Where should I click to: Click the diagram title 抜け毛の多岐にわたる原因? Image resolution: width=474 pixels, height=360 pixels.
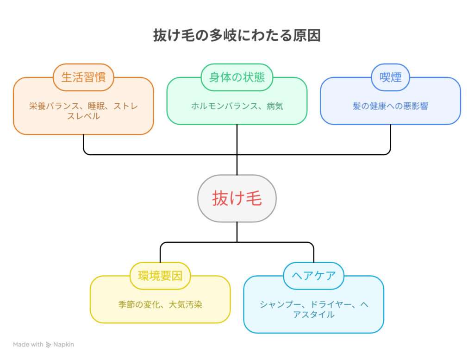pos(237,36)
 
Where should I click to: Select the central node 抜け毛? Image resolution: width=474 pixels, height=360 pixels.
pos(237,198)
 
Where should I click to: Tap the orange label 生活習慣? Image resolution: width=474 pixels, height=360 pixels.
pos(83,77)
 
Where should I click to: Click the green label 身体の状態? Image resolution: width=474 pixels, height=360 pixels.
pos(237,77)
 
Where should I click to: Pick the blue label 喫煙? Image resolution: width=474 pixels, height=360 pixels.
pos(390,77)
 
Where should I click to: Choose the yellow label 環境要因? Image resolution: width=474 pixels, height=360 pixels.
pos(160,276)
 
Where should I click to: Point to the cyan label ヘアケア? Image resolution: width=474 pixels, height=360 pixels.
pos(313,276)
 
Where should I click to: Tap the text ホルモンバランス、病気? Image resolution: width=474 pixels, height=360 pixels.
pos(237,106)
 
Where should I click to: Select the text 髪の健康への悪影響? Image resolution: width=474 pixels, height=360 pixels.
pos(390,106)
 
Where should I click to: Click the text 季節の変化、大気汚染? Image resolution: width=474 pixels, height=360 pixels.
pos(160,305)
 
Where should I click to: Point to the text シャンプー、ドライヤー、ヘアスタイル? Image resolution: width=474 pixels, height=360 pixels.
pos(313,309)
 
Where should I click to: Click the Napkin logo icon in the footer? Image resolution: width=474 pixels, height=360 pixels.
pos(49,345)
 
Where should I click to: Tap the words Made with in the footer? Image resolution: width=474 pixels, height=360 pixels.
pos(28,345)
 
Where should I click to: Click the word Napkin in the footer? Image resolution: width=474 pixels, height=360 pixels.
pos(63,345)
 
